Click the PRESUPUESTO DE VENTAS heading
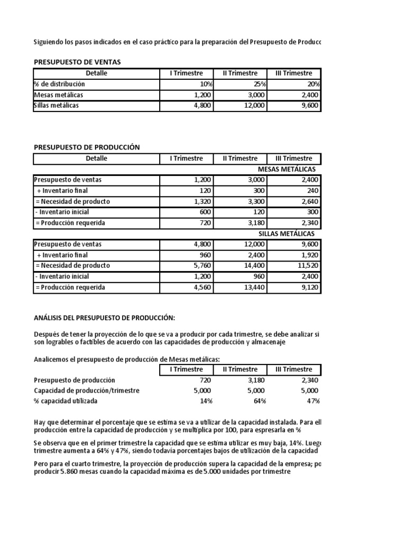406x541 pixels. coord(77,62)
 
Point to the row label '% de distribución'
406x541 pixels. coord(59,84)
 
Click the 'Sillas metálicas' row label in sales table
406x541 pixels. coord(57,105)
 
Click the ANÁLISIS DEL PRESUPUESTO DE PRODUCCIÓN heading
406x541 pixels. coord(104,317)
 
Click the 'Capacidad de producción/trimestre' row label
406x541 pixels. coord(87,390)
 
